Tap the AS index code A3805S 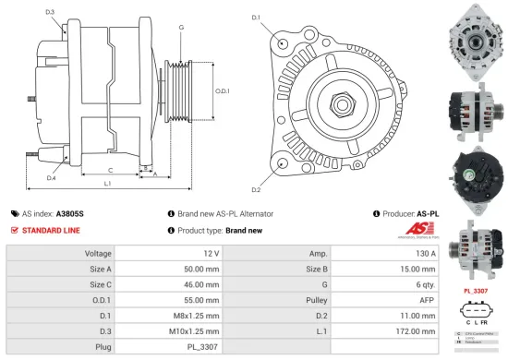click(x=70, y=213)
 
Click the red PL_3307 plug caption click(x=474, y=292)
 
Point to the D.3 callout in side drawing click(x=49, y=11)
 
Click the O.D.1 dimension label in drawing click(x=224, y=90)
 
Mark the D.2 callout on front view click(x=256, y=189)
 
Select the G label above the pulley click(x=182, y=28)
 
